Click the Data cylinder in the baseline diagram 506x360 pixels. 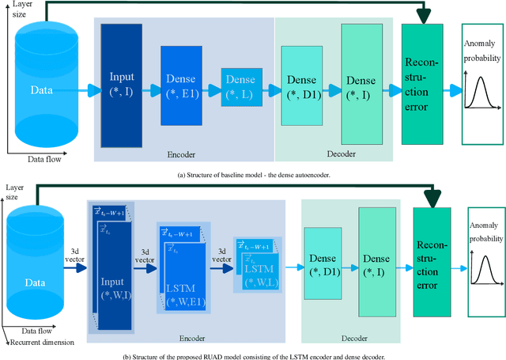click(x=42, y=89)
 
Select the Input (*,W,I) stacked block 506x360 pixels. click(x=117, y=274)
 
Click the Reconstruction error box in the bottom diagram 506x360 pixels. click(x=431, y=264)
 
